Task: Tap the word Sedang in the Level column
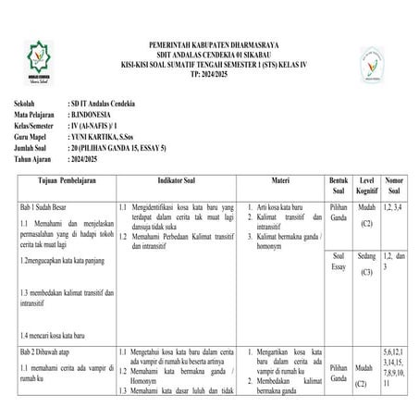(x=366, y=254)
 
